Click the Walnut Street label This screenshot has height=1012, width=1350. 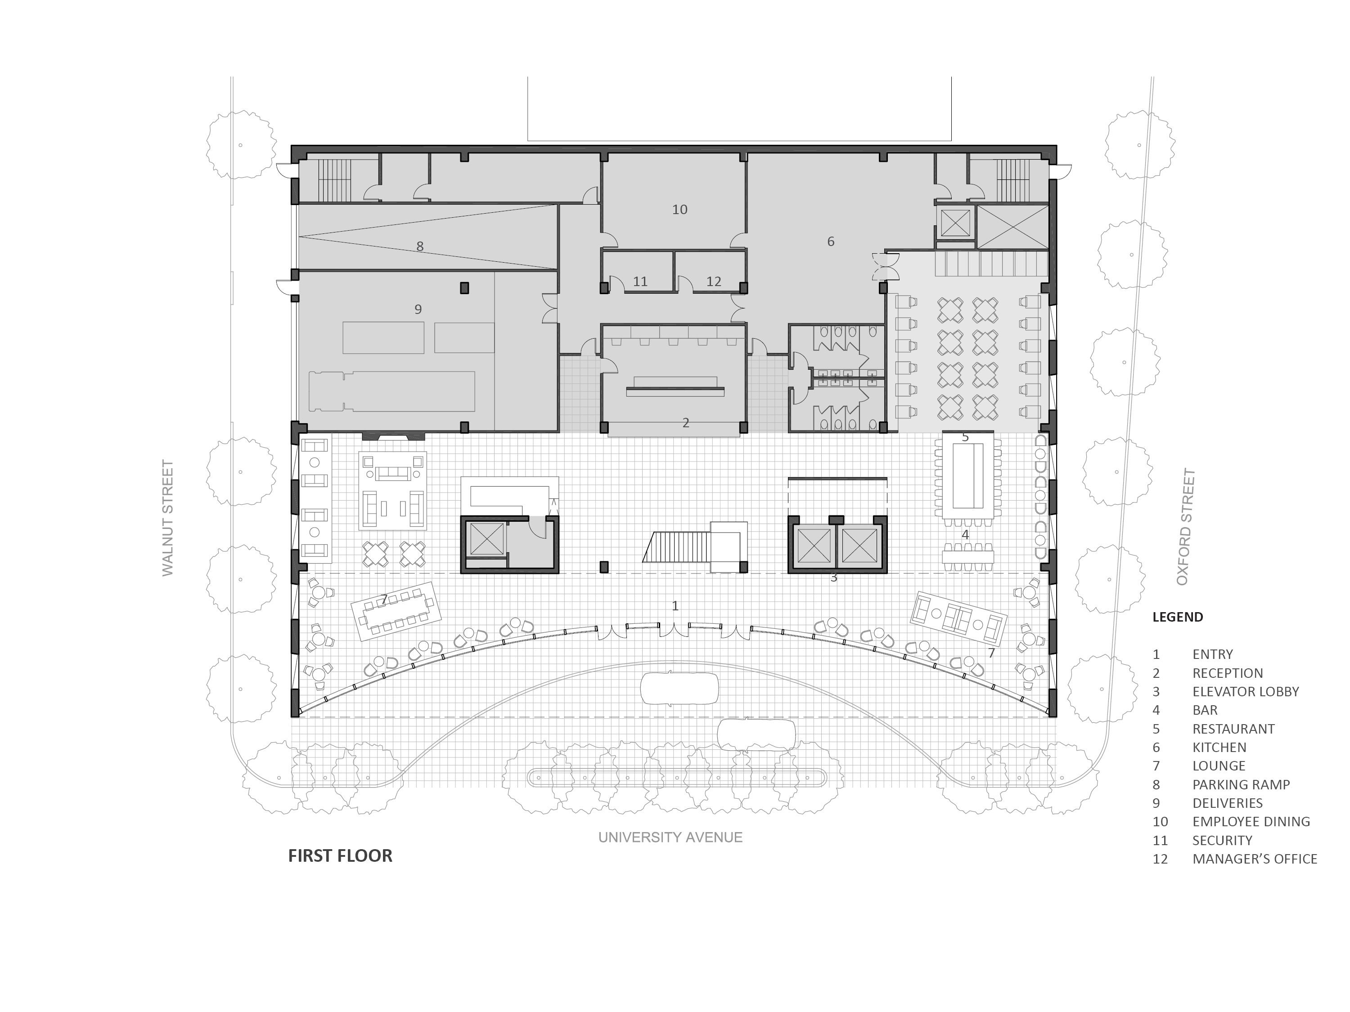pos(168,518)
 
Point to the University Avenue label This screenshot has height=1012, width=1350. pos(670,837)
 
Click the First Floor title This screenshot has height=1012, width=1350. pos(340,856)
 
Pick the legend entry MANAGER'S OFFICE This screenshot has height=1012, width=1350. pos(1255,859)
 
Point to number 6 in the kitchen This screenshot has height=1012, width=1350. pos(831,242)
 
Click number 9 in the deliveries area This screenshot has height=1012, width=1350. pos(418,309)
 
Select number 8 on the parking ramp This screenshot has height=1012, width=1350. pos(420,246)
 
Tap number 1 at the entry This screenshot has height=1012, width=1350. pos(675,606)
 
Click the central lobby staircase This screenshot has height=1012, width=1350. pos(677,546)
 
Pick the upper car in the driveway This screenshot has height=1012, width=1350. pos(679,689)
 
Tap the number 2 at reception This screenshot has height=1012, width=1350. pos(686,423)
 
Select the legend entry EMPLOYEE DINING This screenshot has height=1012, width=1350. pos(1251,822)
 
